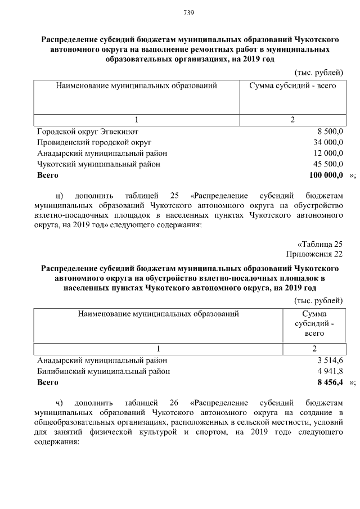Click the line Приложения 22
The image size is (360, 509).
point(314,254)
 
